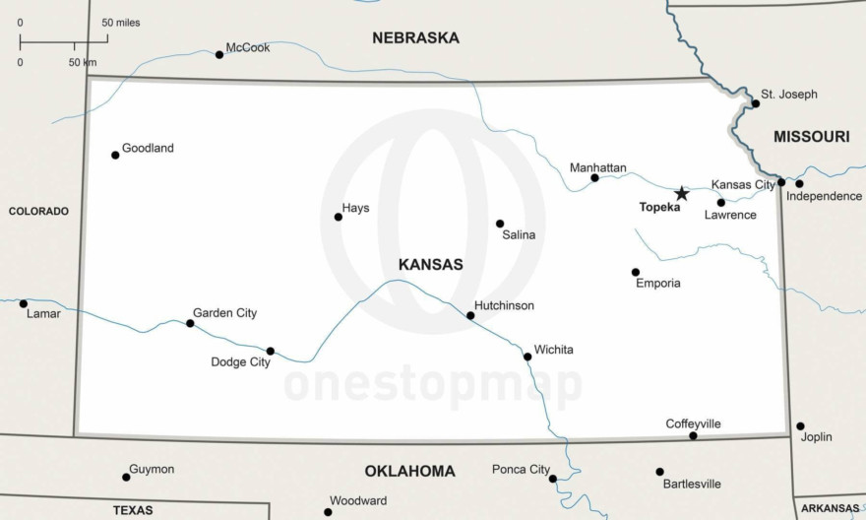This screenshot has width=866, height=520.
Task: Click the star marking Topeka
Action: [681, 193]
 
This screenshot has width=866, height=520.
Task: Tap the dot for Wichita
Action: [527, 357]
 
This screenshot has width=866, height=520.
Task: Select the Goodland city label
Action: [148, 149]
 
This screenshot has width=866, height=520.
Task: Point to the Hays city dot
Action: [339, 217]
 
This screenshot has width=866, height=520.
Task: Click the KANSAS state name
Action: [430, 265]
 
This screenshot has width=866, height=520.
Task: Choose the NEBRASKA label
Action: [415, 38]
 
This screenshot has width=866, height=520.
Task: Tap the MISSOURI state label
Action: [811, 137]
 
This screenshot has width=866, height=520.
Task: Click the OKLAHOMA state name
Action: [409, 471]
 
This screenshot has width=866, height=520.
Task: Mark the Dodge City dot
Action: [271, 351]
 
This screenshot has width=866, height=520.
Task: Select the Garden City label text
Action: [224, 313]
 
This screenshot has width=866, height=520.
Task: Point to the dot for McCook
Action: [219, 54]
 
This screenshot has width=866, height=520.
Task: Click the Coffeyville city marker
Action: [693, 435]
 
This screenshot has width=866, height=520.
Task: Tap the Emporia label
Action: [658, 284]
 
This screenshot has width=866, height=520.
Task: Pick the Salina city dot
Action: [500, 224]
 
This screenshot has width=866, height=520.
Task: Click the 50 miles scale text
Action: [121, 22]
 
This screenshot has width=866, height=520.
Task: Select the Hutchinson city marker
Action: [470, 316]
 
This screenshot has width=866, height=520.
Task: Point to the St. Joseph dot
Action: [756, 103]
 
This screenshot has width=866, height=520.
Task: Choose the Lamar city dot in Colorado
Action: [24, 303]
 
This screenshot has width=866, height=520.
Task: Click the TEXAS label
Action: [133, 510]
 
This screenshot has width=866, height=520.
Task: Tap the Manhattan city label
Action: [598, 168]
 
